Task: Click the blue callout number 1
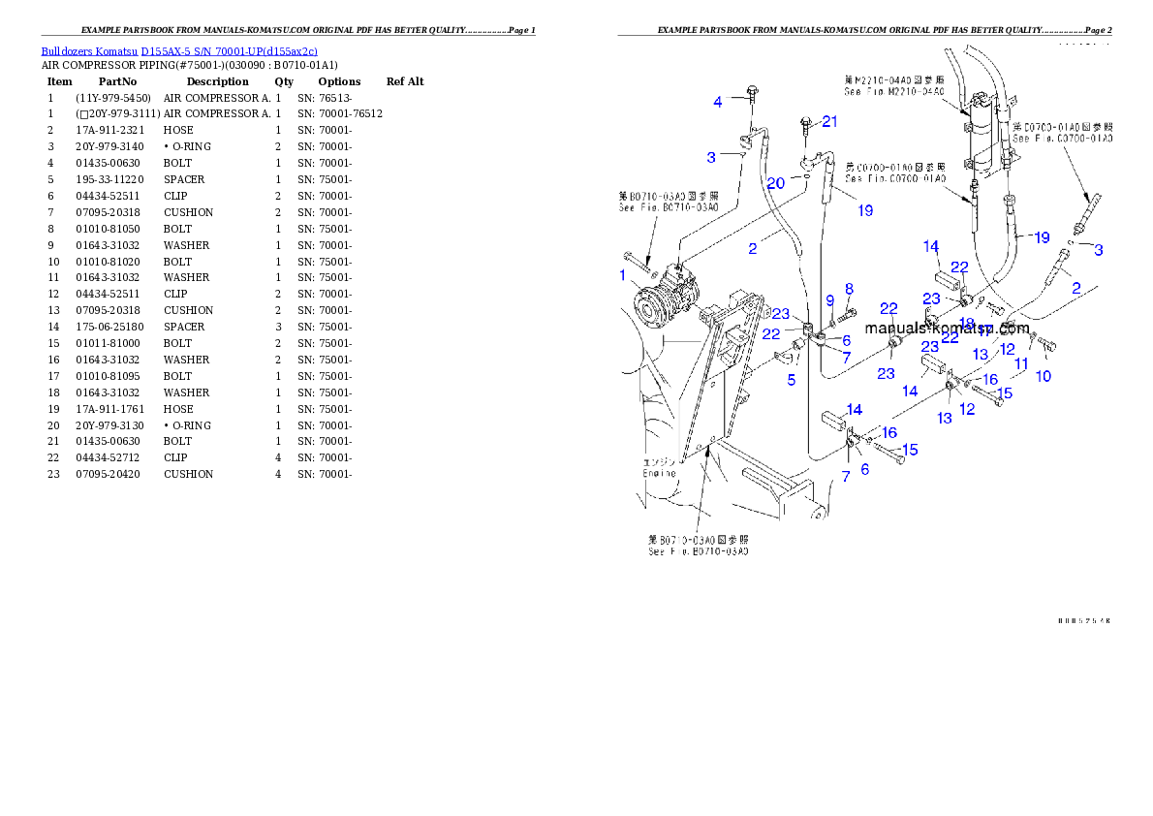623,275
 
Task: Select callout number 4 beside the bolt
718,101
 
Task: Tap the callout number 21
829,121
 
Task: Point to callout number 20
776,183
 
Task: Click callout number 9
830,301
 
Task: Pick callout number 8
849,288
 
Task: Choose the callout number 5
792,381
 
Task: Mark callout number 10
1044,376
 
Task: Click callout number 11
1021,364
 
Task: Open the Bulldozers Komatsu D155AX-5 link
179,51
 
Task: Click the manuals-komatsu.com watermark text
947,329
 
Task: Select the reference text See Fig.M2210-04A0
893,91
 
